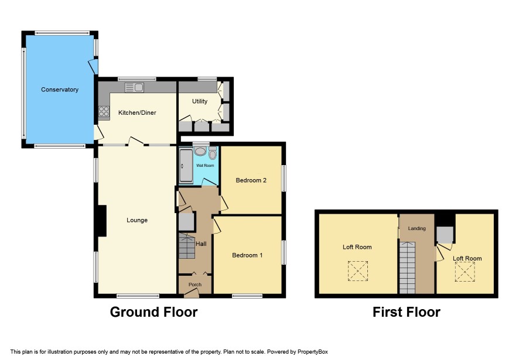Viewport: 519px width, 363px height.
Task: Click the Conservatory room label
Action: point(60,90)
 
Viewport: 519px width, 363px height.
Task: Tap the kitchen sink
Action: point(134,87)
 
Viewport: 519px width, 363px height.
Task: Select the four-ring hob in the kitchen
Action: point(104,111)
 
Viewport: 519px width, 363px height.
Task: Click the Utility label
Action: point(200,101)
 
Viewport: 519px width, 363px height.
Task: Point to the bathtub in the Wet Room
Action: point(186,166)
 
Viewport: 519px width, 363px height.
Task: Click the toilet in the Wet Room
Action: point(213,153)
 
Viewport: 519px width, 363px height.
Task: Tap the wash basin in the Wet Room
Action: point(200,151)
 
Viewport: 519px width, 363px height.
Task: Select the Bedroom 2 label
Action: point(251,180)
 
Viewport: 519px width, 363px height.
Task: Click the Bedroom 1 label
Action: point(247,255)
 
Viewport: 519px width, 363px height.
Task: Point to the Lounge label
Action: point(137,220)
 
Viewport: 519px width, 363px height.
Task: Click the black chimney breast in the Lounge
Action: point(102,221)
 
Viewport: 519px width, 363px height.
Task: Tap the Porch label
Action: point(195,284)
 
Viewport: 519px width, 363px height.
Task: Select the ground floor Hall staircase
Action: point(187,246)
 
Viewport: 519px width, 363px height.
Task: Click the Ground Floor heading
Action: point(153,312)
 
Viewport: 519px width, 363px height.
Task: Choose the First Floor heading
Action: point(407,312)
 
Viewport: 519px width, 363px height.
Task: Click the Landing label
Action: point(416,228)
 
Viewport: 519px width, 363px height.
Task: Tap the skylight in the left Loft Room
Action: point(358,271)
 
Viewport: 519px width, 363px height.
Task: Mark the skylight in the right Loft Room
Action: point(465,272)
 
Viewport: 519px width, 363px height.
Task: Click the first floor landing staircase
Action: point(407,268)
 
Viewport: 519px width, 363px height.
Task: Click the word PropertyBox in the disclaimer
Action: point(312,352)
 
